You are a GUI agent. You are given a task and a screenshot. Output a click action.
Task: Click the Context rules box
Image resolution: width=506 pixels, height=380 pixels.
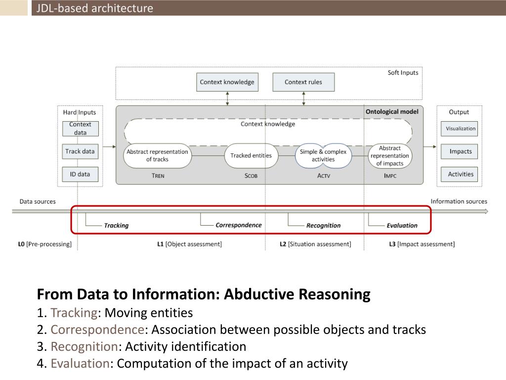click(303, 82)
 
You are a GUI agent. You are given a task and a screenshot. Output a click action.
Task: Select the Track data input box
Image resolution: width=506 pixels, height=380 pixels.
click(80, 151)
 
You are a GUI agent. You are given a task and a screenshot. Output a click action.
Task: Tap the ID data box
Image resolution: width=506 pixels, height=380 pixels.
click(80, 174)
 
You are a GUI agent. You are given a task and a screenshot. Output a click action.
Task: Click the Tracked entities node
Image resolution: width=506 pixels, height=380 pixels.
click(251, 155)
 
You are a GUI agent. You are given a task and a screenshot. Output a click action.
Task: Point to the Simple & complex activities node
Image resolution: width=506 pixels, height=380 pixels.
click(323, 155)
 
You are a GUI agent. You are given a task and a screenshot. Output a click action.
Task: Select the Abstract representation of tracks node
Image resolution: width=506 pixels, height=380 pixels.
click(157, 155)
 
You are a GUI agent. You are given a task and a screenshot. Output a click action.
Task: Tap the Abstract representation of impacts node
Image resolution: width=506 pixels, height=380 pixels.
click(390, 155)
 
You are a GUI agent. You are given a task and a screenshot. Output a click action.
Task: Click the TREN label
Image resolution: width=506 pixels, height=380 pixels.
click(158, 176)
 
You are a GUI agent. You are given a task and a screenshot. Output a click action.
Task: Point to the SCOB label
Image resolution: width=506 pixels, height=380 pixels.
click(251, 176)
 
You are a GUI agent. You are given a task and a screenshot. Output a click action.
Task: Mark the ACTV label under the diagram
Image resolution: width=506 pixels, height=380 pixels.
click(323, 176)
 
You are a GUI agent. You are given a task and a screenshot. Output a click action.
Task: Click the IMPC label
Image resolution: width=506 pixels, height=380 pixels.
click(390, 176)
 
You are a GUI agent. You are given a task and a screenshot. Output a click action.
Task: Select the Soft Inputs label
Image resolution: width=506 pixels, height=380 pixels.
click(403, 73)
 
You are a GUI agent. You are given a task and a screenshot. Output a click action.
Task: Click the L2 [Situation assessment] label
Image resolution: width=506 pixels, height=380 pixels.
click(315, 244)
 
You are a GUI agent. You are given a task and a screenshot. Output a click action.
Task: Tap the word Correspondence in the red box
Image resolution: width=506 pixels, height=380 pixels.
click(239, 225)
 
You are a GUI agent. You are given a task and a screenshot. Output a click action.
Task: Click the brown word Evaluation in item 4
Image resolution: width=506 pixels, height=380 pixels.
click(80, 364)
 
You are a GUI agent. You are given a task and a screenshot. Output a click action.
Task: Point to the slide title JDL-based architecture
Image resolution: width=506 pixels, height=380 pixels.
click(94, 8)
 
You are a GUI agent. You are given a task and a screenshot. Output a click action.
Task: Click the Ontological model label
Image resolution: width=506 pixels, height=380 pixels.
click(392, 112)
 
